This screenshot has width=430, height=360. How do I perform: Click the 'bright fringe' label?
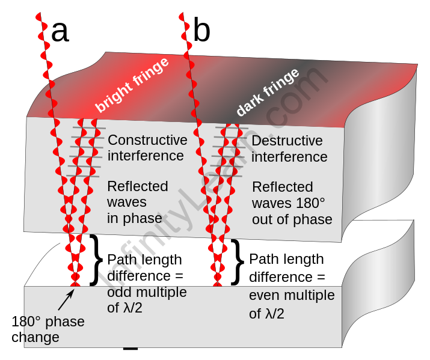[x=132, y=85]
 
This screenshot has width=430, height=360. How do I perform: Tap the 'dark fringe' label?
[x=268, y=92]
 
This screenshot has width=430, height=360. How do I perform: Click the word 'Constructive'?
[x=147, y=141]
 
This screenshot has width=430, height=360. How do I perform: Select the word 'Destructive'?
[x=287, y=141]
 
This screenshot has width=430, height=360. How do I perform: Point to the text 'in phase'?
[x=134, y=218]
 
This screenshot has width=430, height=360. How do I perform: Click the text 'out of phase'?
[x=292, y=219]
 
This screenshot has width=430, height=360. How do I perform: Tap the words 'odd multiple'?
[x=147, y=293]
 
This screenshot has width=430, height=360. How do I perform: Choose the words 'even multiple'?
[x=292, y=296]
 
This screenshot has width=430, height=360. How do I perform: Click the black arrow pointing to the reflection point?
[x=66, y=299]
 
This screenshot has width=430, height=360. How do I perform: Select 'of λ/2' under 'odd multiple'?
[x=124, y=309]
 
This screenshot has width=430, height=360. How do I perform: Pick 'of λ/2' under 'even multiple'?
[x=266, y=314]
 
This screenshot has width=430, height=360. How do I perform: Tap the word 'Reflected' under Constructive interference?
[x=137, y=186]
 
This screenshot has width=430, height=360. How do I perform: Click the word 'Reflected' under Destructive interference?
[x=282, y=187]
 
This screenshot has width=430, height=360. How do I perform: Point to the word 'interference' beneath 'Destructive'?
[x=289, y=157]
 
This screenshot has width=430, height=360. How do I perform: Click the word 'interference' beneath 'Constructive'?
[x=145, y=156]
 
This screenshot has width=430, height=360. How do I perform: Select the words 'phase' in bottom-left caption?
[x=66, y=322]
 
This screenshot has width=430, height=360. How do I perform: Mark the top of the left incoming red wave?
[x=38, y=14]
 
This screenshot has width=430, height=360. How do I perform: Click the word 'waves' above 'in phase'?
[x=126, y=203]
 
